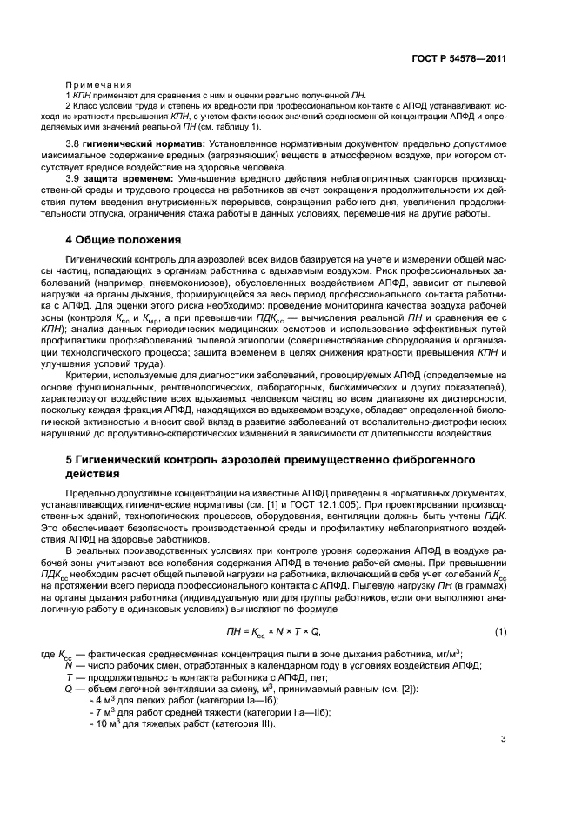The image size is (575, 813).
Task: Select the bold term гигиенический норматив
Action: (x=144, y=142)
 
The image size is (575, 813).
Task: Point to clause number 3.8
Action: (x=76, y=142)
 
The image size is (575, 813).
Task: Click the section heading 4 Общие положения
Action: (x=124, y=239)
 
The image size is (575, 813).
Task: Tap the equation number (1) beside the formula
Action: (x=500, y=630)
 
